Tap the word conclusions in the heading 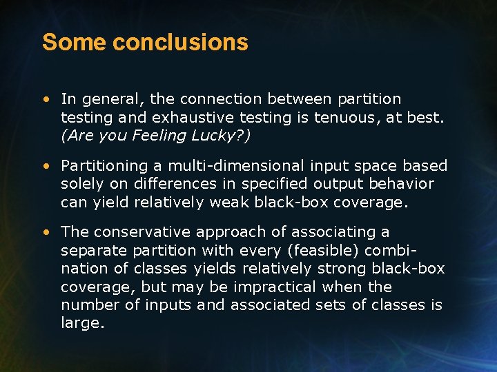click(180, 43)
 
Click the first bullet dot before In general click(46, 100)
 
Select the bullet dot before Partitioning click(46, 166)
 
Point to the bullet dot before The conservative click(46, 232)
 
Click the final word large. click(82, 322)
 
